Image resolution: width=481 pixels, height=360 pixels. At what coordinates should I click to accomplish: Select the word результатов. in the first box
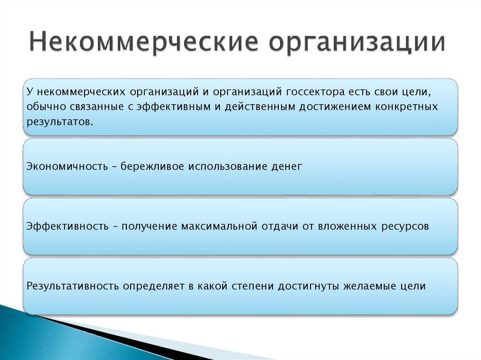click(x=57, y=122)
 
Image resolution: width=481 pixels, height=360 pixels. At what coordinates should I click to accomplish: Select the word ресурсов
click(x=405, y=226)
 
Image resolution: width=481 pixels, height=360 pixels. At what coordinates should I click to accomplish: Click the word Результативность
click(x=72, y=285)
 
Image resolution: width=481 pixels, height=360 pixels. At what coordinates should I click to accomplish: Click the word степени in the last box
click(x=253, y=285)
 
